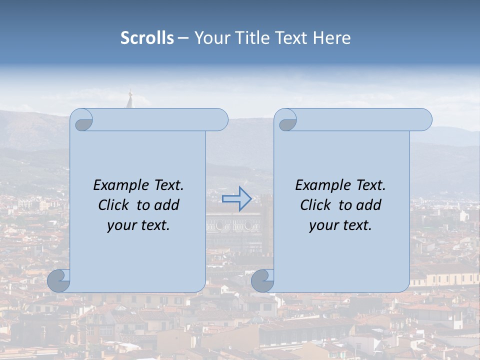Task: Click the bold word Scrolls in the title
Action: [147, 38]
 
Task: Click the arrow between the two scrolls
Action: [236, 198]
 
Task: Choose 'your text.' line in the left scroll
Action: [138, 225]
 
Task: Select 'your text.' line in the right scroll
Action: [340, 225]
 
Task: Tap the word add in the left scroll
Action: [167, 205]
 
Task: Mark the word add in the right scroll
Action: [369, 205]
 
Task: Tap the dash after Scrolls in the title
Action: [183, 38]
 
